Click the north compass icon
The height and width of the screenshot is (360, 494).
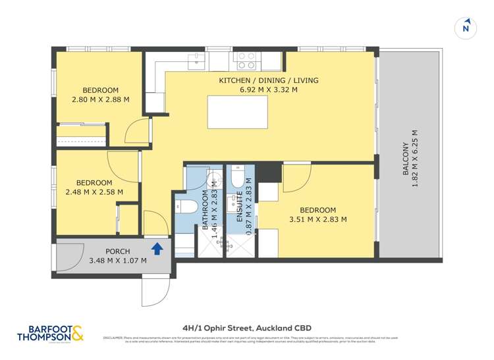(466, 27)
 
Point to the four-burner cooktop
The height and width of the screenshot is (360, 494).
(246, 61)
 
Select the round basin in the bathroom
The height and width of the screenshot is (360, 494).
(213, 181)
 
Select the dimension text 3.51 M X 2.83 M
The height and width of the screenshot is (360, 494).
(317, 219)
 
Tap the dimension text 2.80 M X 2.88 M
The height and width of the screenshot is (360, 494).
(100, 100)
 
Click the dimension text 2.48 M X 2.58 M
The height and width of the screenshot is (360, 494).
(94, 192)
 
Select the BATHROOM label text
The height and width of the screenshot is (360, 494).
(205, 207)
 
